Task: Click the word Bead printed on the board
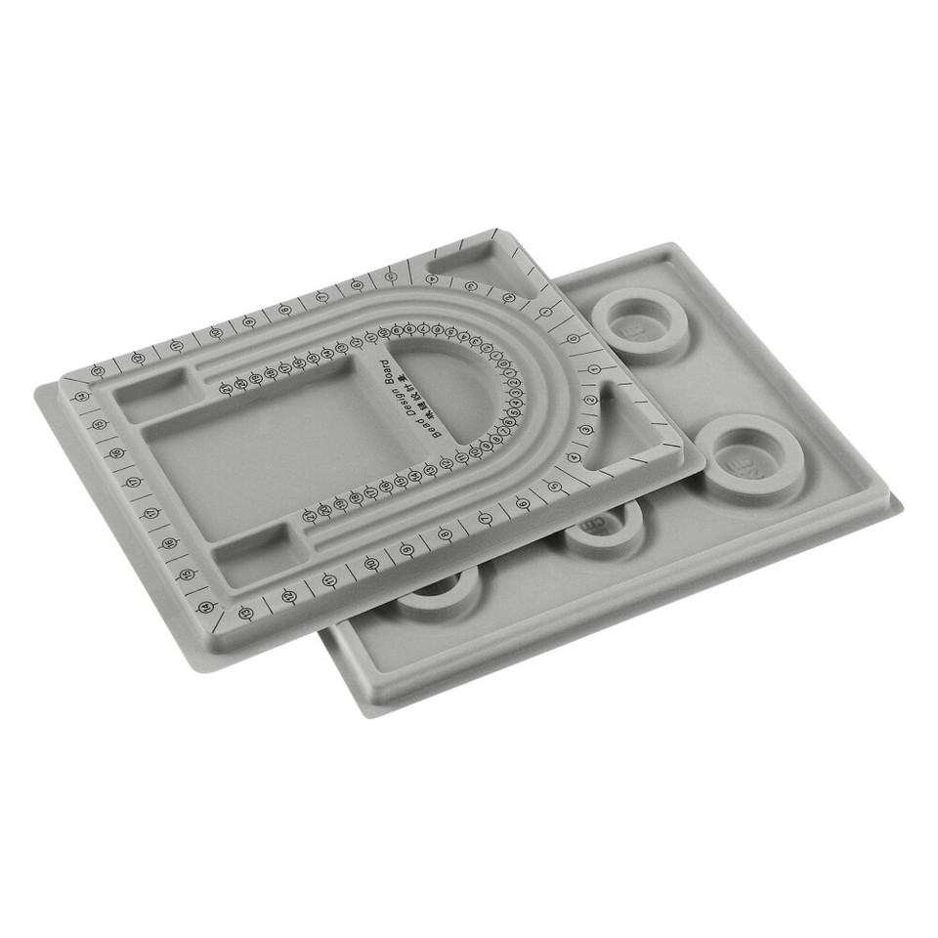[x=438, y=426]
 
